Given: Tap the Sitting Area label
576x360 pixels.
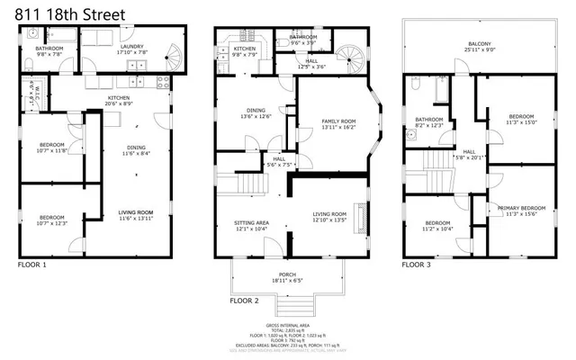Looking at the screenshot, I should click(251, 225).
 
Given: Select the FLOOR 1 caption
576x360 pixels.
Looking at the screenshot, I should click(32, 265).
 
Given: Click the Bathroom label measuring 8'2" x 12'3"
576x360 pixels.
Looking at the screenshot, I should click(429, 122).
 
